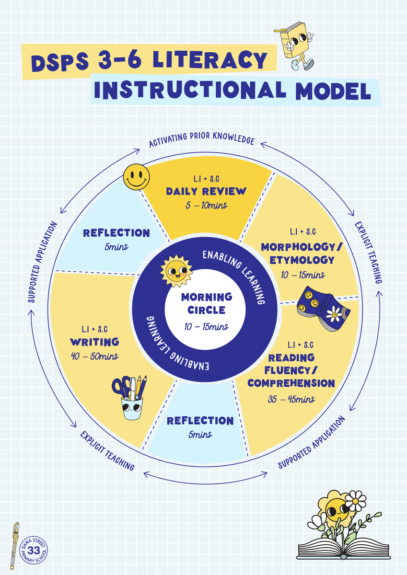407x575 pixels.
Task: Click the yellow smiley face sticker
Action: tap(136, 177)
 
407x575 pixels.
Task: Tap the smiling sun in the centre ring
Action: tap(176, 271)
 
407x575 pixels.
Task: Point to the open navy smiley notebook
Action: tap(324, 309)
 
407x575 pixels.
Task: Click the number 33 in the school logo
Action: tap(34, 550)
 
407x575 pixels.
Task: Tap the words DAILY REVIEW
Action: tap(206, 191)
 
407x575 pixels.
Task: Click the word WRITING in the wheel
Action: tap(94, 342)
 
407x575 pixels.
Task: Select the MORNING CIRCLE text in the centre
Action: tap(207, 303)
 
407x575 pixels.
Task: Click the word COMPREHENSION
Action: tap(291, 383)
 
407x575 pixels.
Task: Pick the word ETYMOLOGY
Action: tap(302, 260)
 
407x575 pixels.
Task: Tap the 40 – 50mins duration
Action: tap(94, 356)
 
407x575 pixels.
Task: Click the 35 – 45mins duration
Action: tap(291, 399)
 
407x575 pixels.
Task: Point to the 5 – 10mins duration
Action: tap(207, 206)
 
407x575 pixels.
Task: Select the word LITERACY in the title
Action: tap(210, 60)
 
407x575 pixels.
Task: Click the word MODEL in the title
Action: tap(333, 91)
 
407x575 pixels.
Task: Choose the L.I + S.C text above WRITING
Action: tap(94, 329)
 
